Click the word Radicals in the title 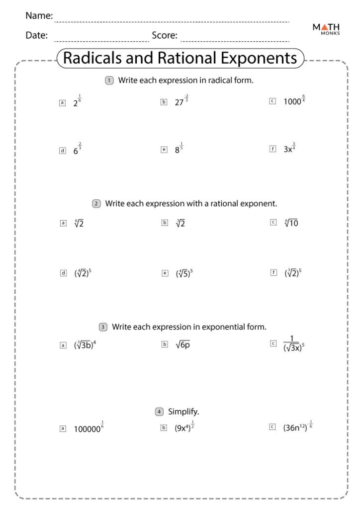[95, 58]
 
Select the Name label [39, 16]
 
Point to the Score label [165, 35]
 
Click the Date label [36, 35]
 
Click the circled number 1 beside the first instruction [109, 81]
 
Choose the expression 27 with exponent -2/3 [181, 101]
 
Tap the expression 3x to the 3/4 [289, 148]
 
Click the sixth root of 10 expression [291, 223]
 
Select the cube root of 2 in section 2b [180, 223]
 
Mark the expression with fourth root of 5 [184, 273]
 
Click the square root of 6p [182, 344]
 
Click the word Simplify [183, 412]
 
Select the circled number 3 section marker [103, 327]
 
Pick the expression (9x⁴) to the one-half [184, 427]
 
